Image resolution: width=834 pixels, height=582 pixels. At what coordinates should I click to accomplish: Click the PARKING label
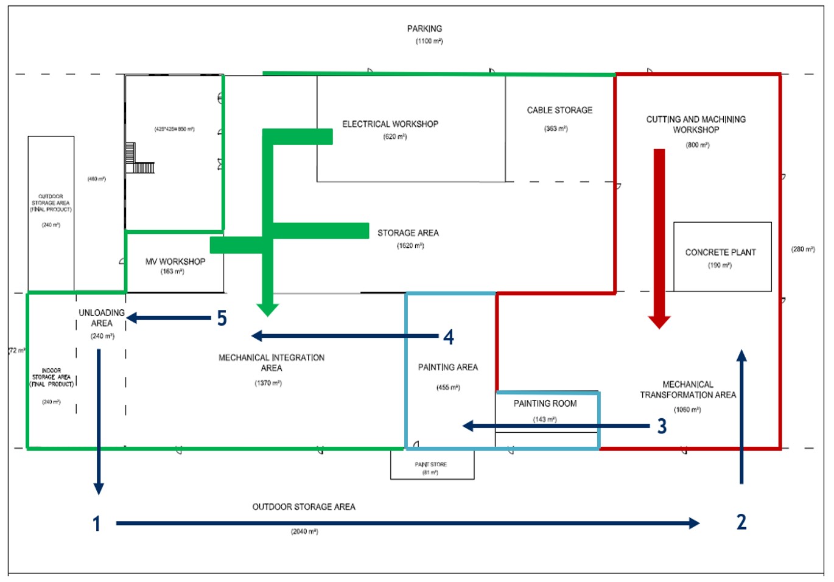click(x=424, y=29)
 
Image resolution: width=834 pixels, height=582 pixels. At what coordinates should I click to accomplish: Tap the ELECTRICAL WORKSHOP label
click(x=390, y=124)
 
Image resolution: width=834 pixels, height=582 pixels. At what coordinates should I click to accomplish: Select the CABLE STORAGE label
click(x=559, y=110)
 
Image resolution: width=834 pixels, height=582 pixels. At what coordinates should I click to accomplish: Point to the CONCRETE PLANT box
click(x=722, y=257)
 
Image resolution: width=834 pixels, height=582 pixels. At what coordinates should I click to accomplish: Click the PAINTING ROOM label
click(x=545, y=404)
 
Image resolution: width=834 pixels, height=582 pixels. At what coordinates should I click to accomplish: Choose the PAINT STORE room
click(x=432, y=468)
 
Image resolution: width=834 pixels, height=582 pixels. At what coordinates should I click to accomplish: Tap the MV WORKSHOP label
click(x=175, y=262)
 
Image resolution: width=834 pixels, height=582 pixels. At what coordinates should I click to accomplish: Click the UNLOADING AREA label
click(x=102, y=318)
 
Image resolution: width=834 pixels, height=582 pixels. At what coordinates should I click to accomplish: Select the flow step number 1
click(x=96, y=524)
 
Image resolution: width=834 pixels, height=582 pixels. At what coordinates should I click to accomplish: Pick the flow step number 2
click(x=741, y=522)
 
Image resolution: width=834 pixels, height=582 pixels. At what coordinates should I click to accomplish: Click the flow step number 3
click(x=662, y=426)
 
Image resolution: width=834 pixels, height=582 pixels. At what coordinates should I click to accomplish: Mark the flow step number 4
click(x=449, y=337)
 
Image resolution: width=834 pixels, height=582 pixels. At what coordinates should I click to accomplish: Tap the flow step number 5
click(x=222, y=318)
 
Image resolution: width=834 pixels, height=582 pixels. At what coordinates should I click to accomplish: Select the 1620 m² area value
click(x=410, y=246)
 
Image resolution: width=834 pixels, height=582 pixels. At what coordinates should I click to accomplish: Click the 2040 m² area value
click(x=304, y=531)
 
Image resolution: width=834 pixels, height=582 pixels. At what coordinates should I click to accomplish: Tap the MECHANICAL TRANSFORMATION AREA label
click(x=688, y=390)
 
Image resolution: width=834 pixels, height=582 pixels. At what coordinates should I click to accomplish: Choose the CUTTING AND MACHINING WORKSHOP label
click(x=696, y=124)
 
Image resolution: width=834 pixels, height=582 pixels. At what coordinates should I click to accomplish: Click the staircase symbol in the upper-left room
click(x=139, y=160)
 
